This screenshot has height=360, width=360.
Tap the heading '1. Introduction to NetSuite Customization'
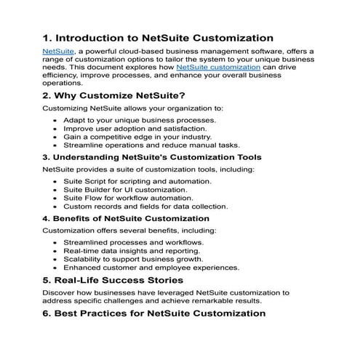click(x=157, y=37)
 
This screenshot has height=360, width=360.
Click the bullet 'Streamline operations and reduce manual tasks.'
click(x=145, y=145)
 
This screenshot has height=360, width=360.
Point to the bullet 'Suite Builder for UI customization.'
click(x=124, y=189)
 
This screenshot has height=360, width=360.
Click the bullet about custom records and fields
click(x=145, y=207)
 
